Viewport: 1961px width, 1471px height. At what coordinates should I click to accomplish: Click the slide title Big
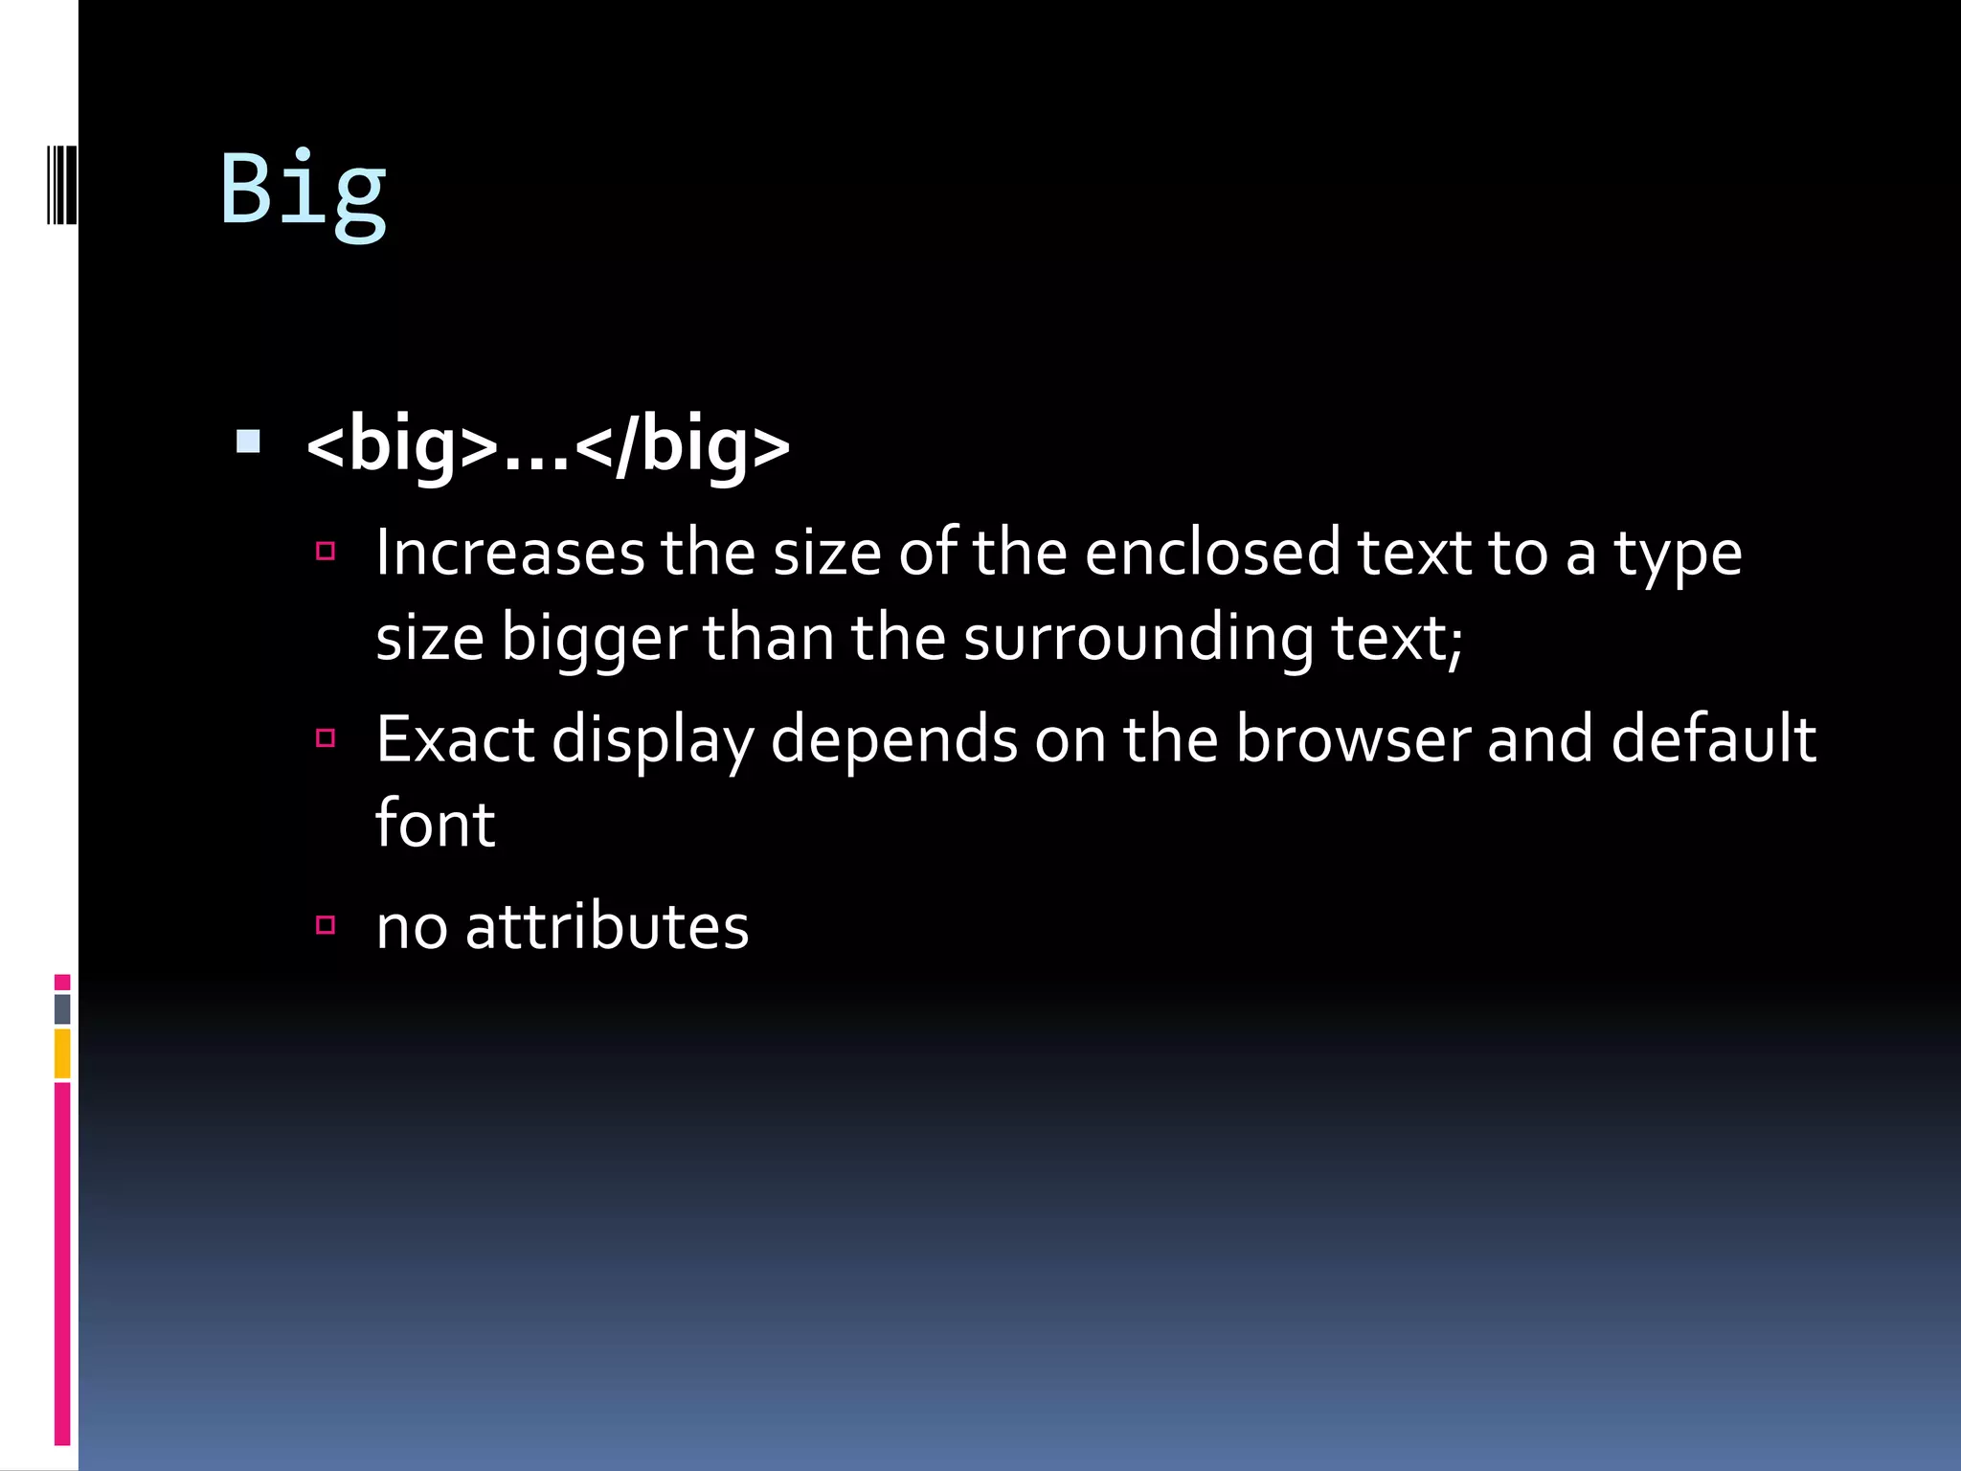click(x=303, y=190)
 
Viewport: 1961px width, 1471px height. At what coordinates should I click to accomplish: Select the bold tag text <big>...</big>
click(x=548, y=445)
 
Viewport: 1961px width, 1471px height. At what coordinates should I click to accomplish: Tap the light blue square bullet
click(x=248, y=441)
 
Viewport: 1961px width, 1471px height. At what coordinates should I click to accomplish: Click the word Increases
click(x=509, y=554)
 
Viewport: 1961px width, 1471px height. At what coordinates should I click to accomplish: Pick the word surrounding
click(x=1138, y=639)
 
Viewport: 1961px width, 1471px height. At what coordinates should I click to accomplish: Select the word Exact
click(x=455, y=740)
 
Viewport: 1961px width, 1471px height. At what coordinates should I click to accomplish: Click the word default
click(x=1713, y=740)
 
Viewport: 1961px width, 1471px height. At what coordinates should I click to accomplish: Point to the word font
click(x=435, y=825)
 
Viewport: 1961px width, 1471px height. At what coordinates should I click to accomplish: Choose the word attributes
click(x=606, y=927)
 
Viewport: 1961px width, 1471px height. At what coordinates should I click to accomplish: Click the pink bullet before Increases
click(x=326, y=552)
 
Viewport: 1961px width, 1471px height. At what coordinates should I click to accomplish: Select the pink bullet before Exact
click(x=326, y=737)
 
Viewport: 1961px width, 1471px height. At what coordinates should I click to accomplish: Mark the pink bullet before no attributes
click(x=326, y=924)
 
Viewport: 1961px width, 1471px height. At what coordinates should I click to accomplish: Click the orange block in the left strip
click(x=62, y=1053)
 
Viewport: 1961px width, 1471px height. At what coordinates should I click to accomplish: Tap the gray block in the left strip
click(x=62, y=1008)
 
